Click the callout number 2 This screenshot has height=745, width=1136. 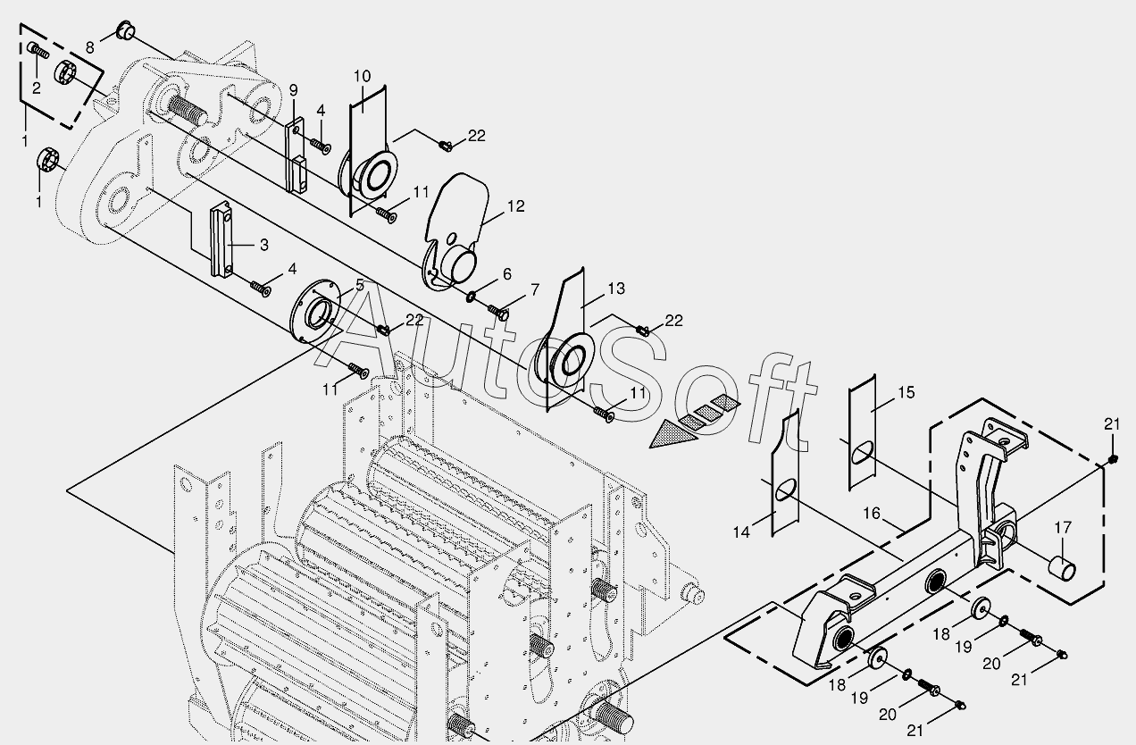click(37, 88)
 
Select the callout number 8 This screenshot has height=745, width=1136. click(90, 46)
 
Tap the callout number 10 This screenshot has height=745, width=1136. click(362, 76)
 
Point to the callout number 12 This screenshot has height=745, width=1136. click(516, 206)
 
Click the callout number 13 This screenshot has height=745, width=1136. click(616, 289)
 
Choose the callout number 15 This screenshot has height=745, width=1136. click(906, 392)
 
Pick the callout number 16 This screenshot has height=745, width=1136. click(872, 514)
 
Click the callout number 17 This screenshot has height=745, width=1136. click(1062, 528)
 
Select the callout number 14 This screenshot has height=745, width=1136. click(742, 532)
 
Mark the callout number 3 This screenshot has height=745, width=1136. click(263, 244)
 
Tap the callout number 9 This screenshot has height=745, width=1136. click(294, 90)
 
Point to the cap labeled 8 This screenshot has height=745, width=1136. click(124, 34)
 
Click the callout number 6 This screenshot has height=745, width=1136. click(507, 274)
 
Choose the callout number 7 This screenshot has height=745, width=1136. click(534, 289)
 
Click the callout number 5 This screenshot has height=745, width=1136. click(360, 285)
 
